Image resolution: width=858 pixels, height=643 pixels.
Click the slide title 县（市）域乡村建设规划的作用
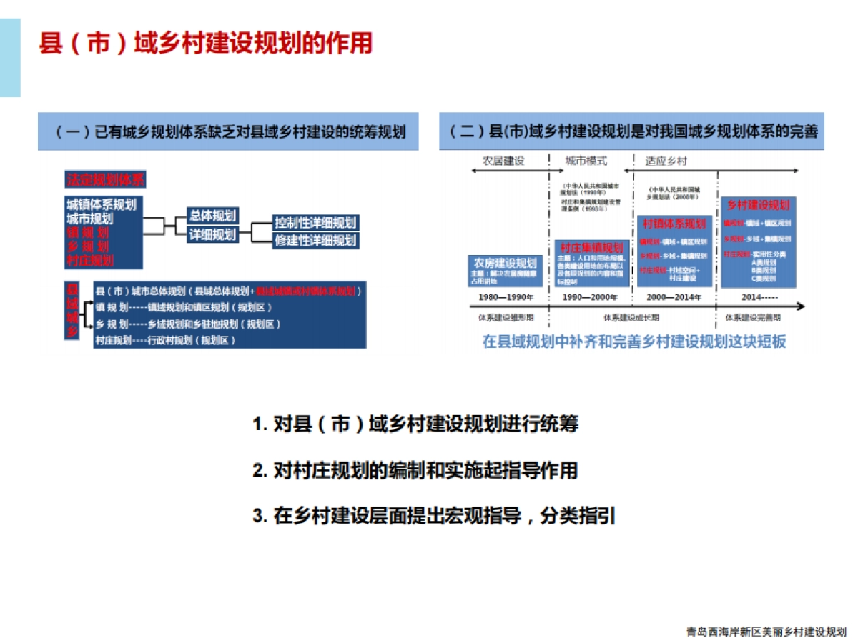pyautogui.click(x=205, y=44)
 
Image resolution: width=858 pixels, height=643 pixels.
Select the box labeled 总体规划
pyautogui.click(x=212, y=216)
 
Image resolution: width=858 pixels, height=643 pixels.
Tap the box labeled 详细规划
pyautogui.click(x=212, y=234)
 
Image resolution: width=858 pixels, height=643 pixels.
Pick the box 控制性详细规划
pyautogui.click(x=315, y=223)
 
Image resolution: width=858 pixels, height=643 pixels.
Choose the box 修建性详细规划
pyautogui.click(x=315, y=241)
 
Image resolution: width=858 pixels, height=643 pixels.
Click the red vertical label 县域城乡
pyautogui.click(x=71, y=313)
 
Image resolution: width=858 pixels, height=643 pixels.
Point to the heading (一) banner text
pyautogui.click(x=228, y=133)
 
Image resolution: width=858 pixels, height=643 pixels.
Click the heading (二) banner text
pyautogui.click(x=632, y=133)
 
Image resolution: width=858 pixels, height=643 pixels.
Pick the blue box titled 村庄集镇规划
pyautogui.click(x=591, y=247)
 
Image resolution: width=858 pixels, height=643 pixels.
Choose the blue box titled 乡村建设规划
pyautogui.click(x=758, y=206)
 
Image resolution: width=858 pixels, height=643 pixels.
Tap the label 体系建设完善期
pyautogui.click(x=753, y=316)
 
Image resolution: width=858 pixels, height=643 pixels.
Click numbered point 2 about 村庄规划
pyautogui.click(x=415, y=470)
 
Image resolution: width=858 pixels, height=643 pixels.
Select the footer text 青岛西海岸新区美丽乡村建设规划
pyautogui.click(x=766, y=632)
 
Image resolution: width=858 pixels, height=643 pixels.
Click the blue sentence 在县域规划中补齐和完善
pyautogui.click(x=633, y=342)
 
